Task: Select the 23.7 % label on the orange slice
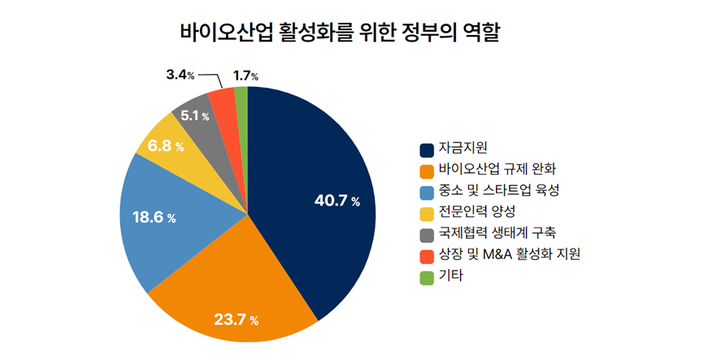pos(236,319)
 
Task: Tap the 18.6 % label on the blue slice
pos(154,218)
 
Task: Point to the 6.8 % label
pos(165,147)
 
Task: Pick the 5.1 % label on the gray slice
pos(195,116)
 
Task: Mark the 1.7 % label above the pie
pos(245,76)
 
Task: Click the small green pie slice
pos(241,96)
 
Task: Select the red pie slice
pos(222,100)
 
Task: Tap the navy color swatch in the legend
pos(427,150)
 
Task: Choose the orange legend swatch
pos(427,171)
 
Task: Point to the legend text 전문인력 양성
pos(476,213)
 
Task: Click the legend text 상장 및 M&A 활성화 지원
pos(509,255)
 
